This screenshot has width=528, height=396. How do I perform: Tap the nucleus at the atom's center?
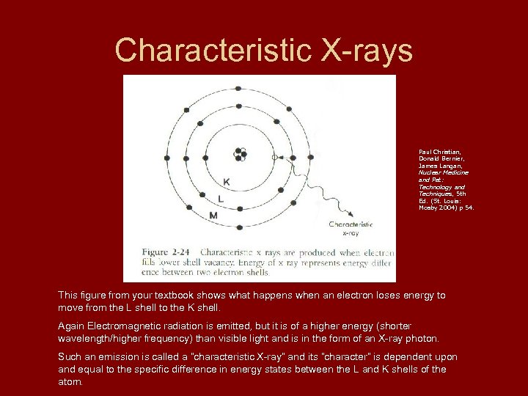239,155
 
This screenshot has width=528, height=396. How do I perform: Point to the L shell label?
221,198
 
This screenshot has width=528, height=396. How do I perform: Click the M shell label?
213,216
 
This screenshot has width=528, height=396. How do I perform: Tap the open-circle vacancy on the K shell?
274,157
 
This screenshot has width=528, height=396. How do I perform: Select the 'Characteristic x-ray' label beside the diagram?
351,228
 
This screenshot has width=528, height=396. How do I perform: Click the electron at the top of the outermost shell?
238,88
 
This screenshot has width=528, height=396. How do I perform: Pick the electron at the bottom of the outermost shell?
238,226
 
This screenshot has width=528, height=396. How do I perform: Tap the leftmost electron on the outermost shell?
166,158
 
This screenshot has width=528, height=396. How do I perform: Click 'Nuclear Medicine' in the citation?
443,172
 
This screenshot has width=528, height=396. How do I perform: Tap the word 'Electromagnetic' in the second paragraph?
126,326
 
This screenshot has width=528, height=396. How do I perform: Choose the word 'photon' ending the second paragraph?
423,338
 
